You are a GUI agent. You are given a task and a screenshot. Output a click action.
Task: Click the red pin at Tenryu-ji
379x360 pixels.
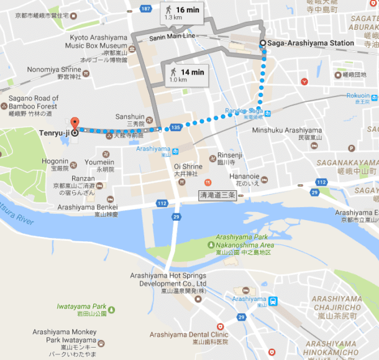(75, 123)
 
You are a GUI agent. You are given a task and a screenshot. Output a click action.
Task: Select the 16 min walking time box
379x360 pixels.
(181, 12)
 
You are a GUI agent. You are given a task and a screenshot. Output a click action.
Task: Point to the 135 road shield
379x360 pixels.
(175, 127)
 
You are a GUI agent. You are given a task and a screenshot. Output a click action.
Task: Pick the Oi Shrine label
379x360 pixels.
(189, 166)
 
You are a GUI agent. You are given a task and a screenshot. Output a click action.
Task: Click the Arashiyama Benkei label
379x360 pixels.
(88, 207)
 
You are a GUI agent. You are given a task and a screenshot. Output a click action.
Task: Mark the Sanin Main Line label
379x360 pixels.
(172, 37)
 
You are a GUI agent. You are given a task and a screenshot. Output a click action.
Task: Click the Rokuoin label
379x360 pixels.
(357, 96)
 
